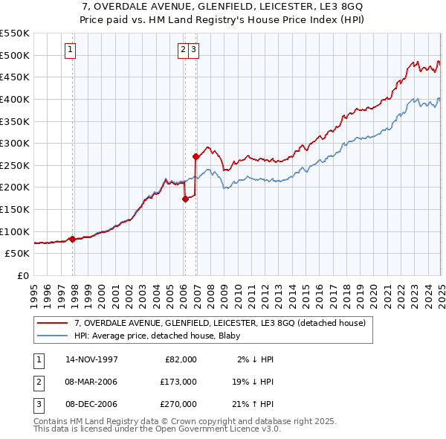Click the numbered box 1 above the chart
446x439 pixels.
[70, 50]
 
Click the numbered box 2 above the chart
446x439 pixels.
[183, 50]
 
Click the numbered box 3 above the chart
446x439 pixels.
[193, 50]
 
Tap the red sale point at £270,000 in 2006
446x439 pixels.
[195, 156]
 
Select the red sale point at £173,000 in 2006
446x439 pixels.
[185, 199]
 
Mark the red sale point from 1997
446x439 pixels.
[72, 239]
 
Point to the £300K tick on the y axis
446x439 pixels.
[15, 143]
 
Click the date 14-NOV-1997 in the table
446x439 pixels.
[91, 359]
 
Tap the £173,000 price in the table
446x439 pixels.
[178, 382]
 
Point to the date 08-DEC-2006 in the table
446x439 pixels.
[91, 404]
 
